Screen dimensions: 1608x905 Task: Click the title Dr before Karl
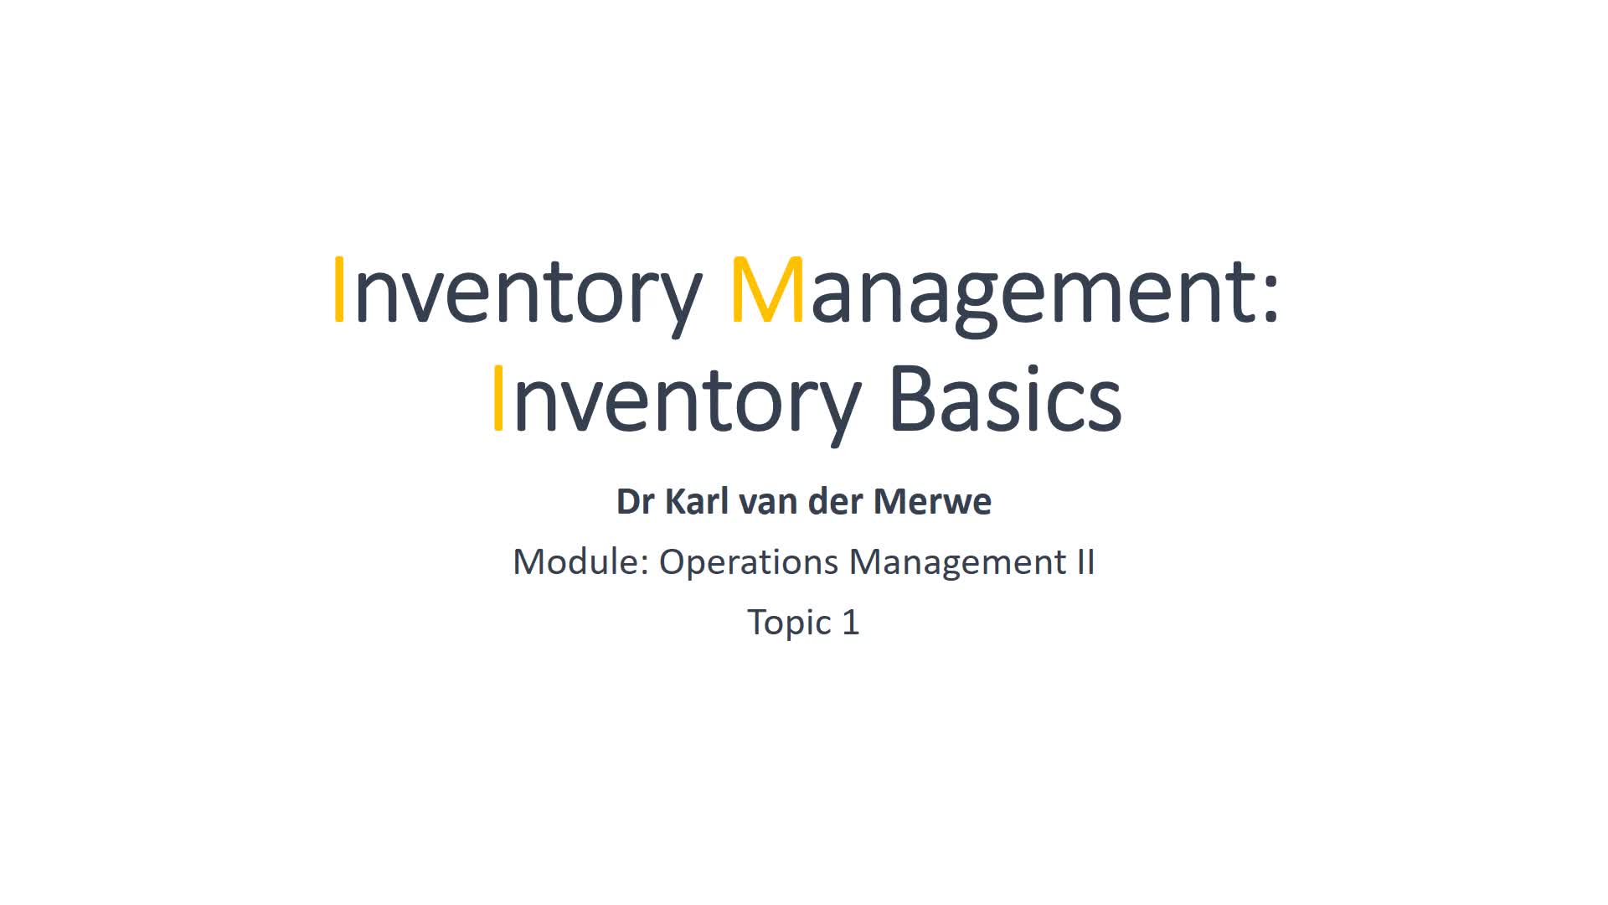[636, 501]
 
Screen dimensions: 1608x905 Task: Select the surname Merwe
[932, 501]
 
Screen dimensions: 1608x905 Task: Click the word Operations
[749, 563]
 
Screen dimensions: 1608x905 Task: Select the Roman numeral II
[1085, 561]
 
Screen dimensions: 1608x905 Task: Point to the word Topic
[789, 623]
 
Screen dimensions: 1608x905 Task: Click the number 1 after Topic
[851, 623]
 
